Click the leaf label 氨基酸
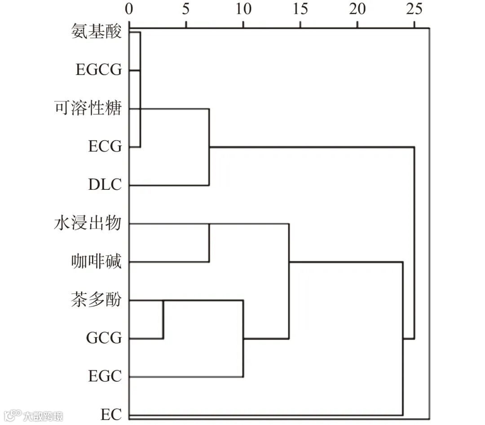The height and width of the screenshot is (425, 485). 96,32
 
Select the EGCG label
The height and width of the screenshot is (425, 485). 99,70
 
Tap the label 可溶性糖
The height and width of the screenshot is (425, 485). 88,109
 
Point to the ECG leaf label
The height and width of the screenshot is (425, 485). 105,147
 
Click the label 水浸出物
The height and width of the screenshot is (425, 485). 88,223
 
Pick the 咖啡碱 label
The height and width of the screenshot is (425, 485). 96,261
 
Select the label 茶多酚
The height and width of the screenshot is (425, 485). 96,299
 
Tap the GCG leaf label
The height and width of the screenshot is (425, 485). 104,338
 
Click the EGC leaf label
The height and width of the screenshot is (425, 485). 105,376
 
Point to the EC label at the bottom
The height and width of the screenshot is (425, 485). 111,414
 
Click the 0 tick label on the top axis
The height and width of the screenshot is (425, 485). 129,9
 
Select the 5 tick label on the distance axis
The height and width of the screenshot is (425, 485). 186,9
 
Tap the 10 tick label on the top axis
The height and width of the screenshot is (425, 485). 243,9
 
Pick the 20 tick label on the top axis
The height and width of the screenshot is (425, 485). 357,9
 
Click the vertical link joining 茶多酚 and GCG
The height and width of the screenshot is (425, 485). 163,319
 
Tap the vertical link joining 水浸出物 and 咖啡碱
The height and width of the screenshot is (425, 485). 209,242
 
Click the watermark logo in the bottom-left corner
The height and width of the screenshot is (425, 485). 13,415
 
